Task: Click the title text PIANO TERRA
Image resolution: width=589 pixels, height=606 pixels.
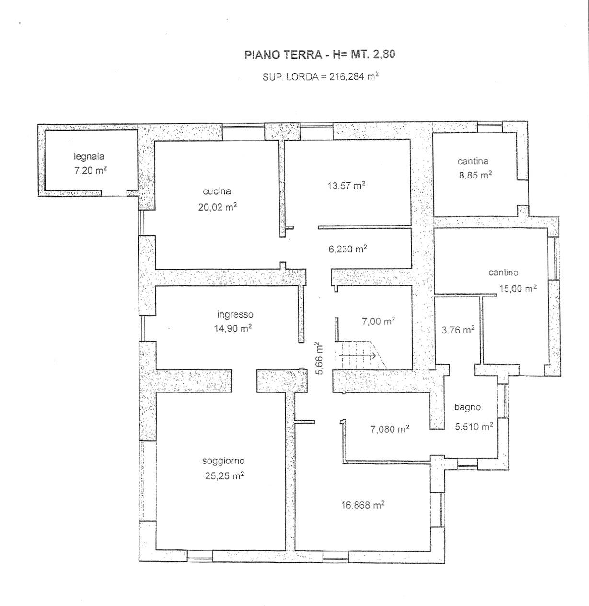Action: tap(283, 55)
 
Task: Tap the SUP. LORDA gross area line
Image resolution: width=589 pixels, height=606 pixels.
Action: tap(320, 77)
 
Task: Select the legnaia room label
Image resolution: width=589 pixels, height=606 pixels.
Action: tap(89, 156)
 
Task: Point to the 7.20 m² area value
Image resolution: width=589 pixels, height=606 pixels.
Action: tap(91, 170)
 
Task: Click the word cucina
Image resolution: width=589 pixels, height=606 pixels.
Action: tap(217, 191)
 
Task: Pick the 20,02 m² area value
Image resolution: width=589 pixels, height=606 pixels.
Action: tap(218, 206)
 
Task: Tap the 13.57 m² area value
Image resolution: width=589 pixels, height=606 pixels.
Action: tap(346, 185)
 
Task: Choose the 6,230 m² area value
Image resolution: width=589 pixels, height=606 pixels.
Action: tap(347, 249)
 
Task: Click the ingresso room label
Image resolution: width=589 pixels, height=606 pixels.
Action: tap(235, 315)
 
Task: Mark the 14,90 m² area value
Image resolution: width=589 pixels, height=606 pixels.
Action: tap(232, 328)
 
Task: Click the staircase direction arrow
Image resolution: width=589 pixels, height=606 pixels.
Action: tap(358, 356)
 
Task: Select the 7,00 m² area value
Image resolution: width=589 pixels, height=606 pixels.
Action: tap(379, 321)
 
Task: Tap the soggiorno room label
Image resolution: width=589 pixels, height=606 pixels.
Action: tap(223, 461)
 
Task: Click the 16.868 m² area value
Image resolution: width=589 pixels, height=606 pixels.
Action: tap(363, 505)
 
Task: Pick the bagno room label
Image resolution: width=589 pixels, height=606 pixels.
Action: tap(467, 407)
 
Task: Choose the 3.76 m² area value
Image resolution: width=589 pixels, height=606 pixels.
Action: tap(458, 330)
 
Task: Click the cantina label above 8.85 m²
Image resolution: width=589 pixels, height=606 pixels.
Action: tap(473, 161)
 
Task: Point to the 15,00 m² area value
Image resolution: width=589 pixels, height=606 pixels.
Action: tap(518, 288)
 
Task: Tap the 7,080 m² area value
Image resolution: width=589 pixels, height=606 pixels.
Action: tap(390, 429)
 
